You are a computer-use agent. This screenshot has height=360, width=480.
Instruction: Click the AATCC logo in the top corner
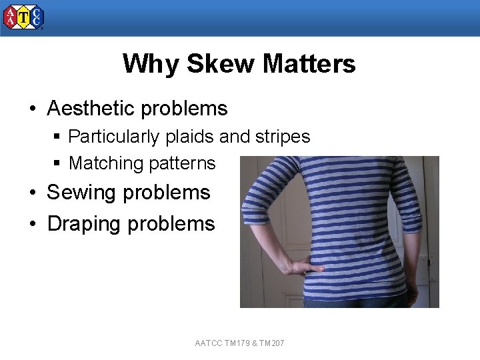(24, 18)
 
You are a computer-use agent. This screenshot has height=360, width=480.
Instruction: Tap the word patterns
(183, 163)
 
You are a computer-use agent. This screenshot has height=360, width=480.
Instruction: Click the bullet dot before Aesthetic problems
(31, 109)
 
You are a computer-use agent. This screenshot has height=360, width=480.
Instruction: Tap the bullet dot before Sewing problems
(31, 193)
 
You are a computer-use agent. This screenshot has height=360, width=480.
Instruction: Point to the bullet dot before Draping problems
(31, 225)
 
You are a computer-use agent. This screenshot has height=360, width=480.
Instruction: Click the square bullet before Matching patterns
(58, 163)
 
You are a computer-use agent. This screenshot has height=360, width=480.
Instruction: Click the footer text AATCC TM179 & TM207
(240, 343)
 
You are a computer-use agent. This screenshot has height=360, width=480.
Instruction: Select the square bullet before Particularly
(58, 137)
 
